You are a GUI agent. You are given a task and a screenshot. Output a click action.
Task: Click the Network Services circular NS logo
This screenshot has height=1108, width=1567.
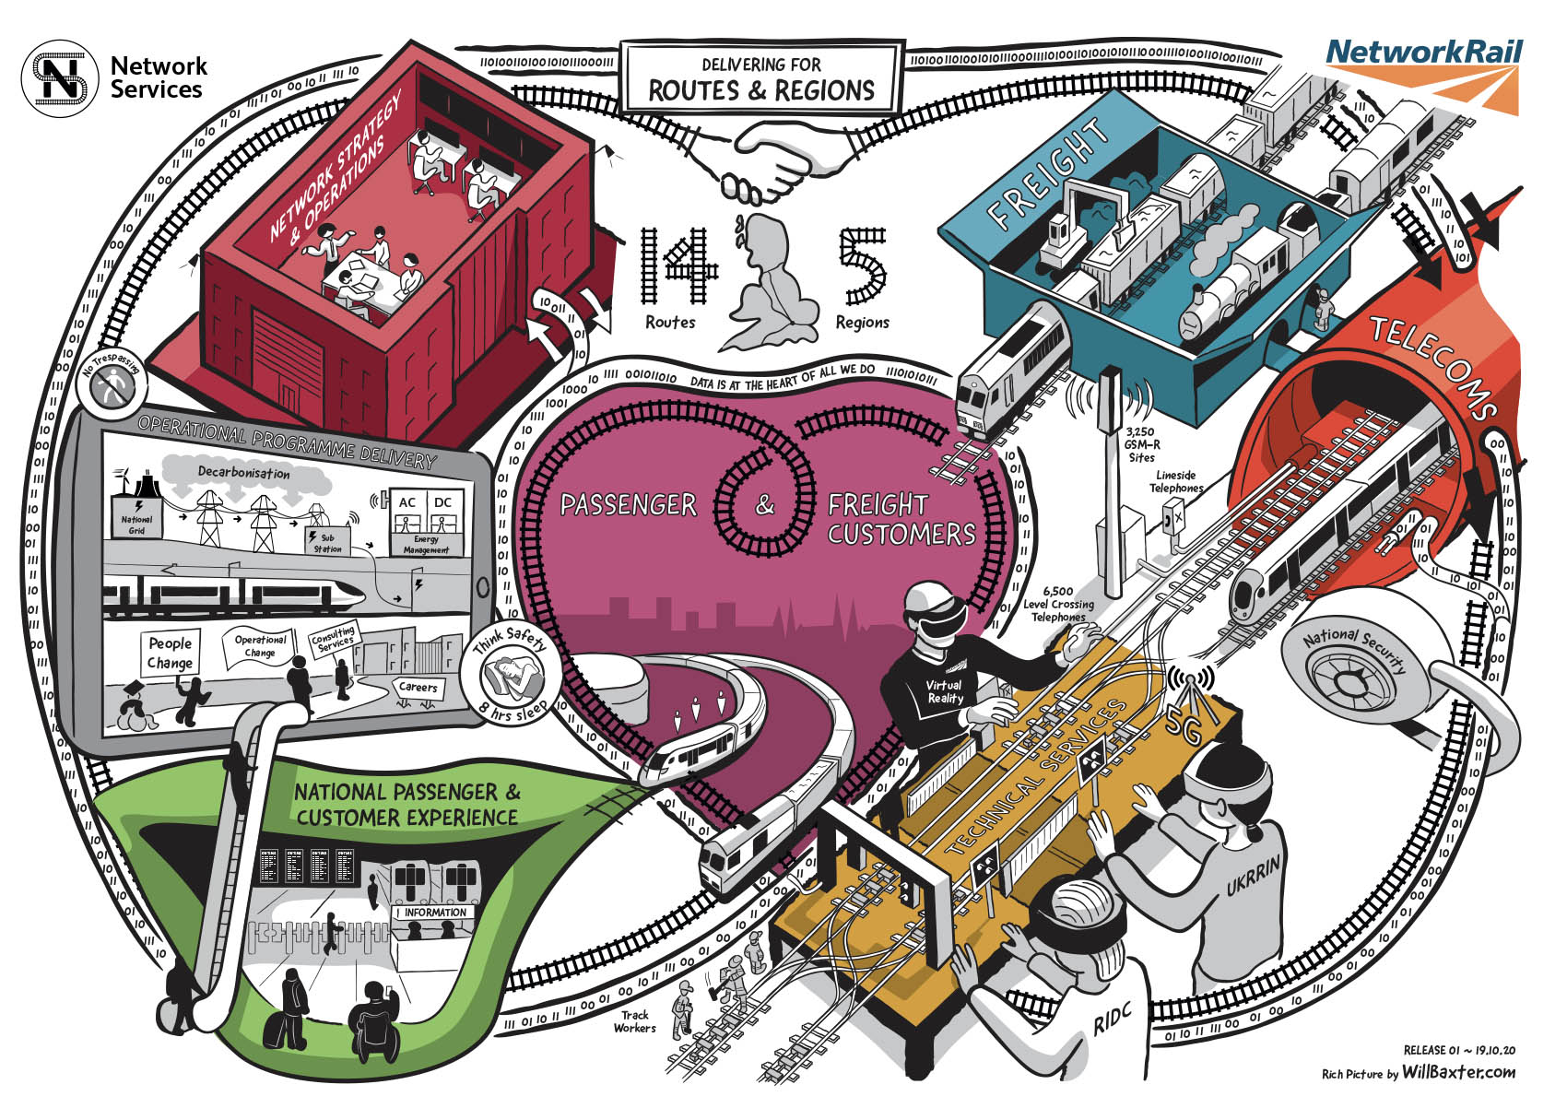59,78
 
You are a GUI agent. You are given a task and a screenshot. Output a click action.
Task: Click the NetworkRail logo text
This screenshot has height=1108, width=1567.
1423,52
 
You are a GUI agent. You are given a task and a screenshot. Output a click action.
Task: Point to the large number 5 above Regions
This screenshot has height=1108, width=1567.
862,266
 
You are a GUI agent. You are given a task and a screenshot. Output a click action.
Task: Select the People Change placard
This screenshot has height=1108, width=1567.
171,653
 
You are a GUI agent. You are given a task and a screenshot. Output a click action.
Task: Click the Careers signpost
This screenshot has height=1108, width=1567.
418,687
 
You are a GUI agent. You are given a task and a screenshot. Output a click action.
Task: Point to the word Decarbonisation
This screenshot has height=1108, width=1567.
243,473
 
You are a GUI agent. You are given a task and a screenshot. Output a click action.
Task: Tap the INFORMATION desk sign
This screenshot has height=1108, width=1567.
435,913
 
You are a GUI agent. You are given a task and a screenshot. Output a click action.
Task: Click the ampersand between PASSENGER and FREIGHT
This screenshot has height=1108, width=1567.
765,505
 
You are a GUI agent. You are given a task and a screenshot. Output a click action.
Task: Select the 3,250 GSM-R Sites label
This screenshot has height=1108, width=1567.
1140,443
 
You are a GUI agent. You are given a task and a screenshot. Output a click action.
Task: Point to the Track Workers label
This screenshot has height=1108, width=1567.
634,1021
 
